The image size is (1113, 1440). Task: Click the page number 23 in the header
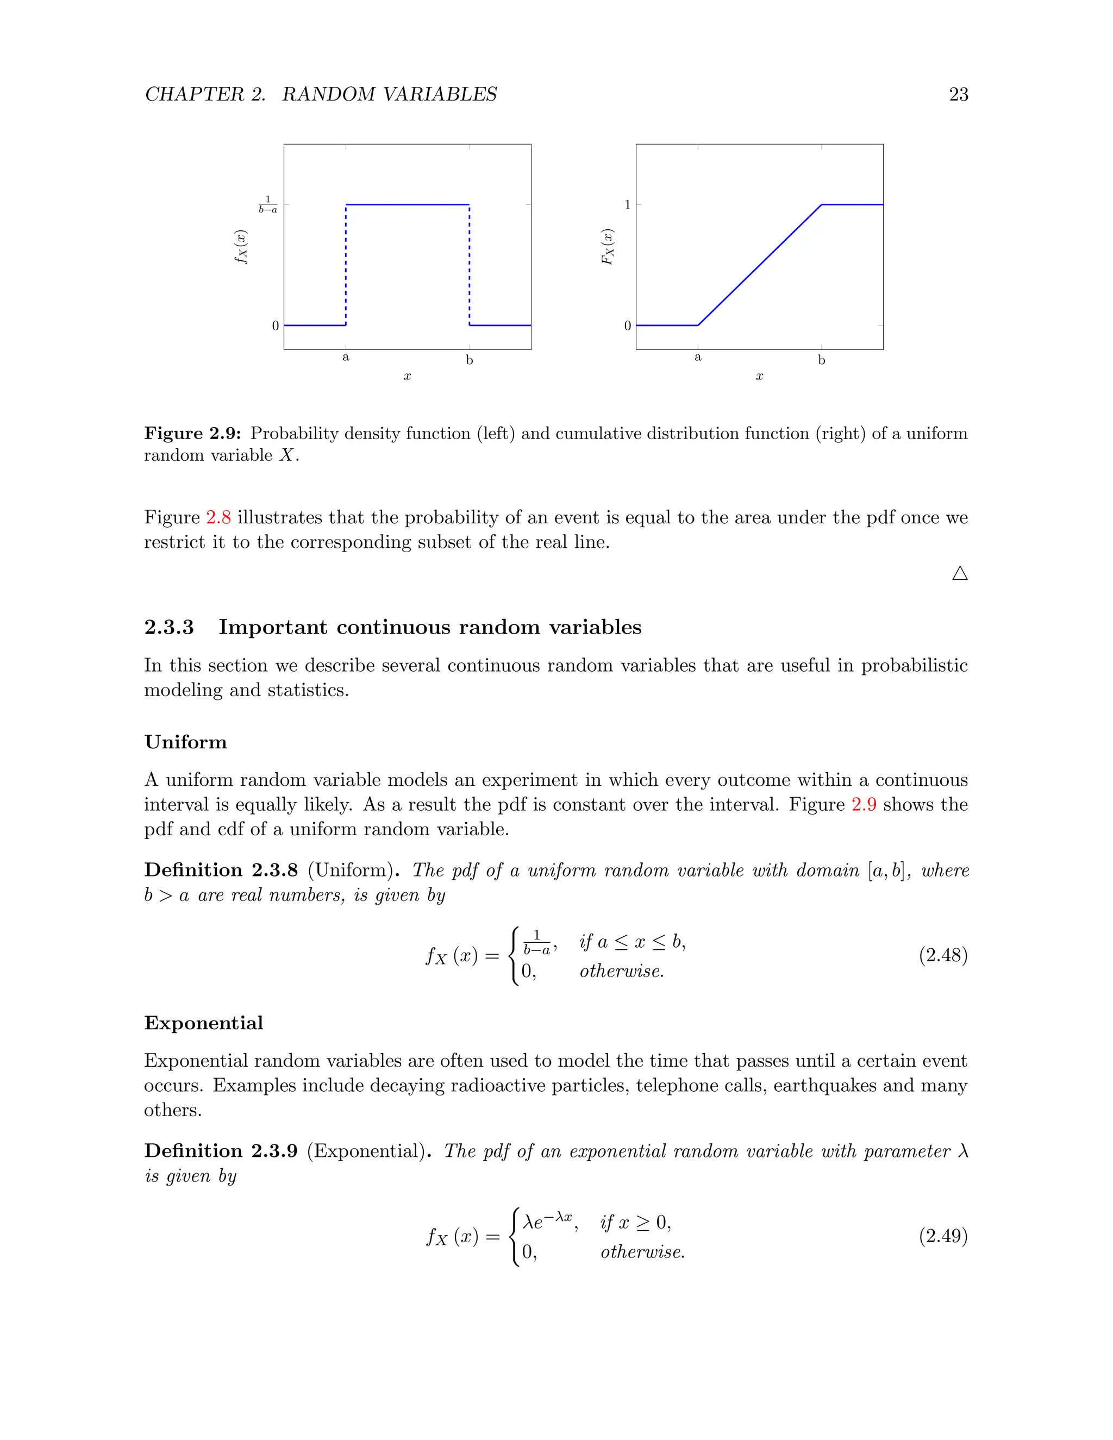(x=958, y=95)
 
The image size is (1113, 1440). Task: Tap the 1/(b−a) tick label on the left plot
(x=268, y=204)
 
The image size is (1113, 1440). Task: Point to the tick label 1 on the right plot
(x=628, y=205)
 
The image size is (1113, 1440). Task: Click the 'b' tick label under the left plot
(x=470, y=360)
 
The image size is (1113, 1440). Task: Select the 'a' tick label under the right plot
(x=698, y=358)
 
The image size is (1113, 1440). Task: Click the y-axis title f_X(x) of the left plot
(x=241, y=247)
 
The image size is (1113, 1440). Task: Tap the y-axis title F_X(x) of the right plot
(x=607, y=247)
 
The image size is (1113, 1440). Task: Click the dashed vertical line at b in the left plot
(x=470, y=264)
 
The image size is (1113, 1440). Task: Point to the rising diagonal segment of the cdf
(x=760, y=265)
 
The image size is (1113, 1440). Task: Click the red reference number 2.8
(x=218, y=517)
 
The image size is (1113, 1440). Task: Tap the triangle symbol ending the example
(x=960, y=574)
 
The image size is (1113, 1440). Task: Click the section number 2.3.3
(x=170, y=627)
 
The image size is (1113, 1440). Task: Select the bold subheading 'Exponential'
(x=204, y=1023)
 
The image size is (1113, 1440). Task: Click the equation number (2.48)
(x=943, y=955)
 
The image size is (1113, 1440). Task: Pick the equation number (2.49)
(x=943, y=1236)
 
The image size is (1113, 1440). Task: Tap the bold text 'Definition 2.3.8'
(x=221, y=871)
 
